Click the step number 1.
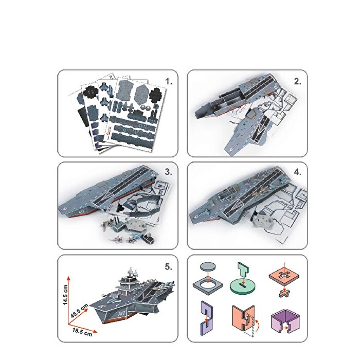click(x=169, y=82)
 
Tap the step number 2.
click(x=297, y=81)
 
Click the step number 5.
click(x=169, y=266)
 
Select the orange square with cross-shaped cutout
click(x=282, y=276)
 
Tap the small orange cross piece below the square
click(x=283, y=294)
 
